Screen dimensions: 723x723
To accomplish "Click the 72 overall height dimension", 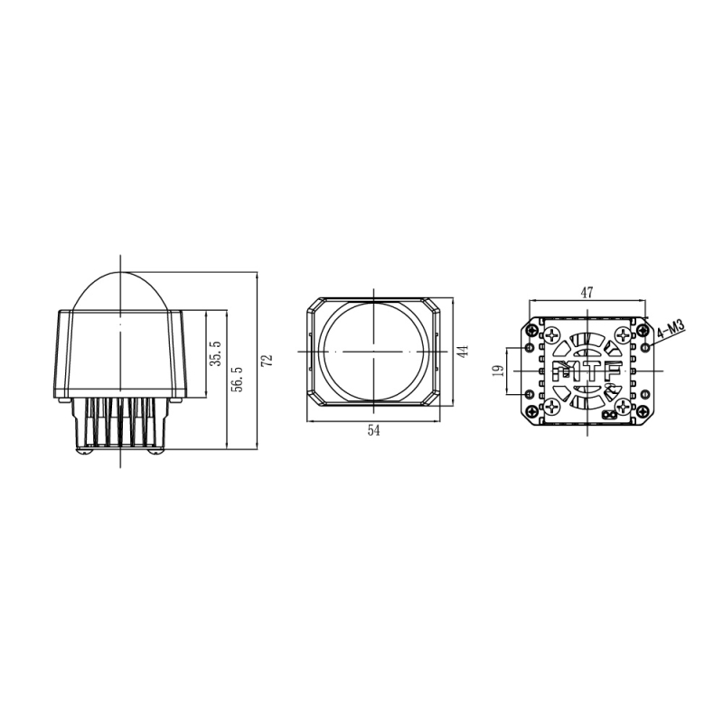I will pyautogui.click(x=266, y=360).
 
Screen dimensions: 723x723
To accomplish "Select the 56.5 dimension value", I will pyautogui.click(x=237, y=380).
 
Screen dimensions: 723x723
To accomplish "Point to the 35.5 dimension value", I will pyautogui.click(x=214, y=355).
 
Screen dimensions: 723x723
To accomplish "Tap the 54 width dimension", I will pyautogui.click(x=374, y=431).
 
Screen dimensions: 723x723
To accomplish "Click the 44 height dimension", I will pyautogui.click(x=461, y=352).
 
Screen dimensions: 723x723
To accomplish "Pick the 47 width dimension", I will pyautogui.click(x=587, y=292).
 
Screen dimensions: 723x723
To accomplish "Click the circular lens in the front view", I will pyautogui.click(x=373, y=351).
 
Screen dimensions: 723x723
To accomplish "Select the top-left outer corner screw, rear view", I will pyautogui.click(x=530, y=331).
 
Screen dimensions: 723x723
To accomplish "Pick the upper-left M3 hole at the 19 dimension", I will pyautogui.click(x=529, y=347).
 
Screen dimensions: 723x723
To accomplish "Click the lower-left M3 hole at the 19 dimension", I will pyautogui.click(x=529, y=394).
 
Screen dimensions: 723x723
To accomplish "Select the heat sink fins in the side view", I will pyautogui.click(x=120, y=425).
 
